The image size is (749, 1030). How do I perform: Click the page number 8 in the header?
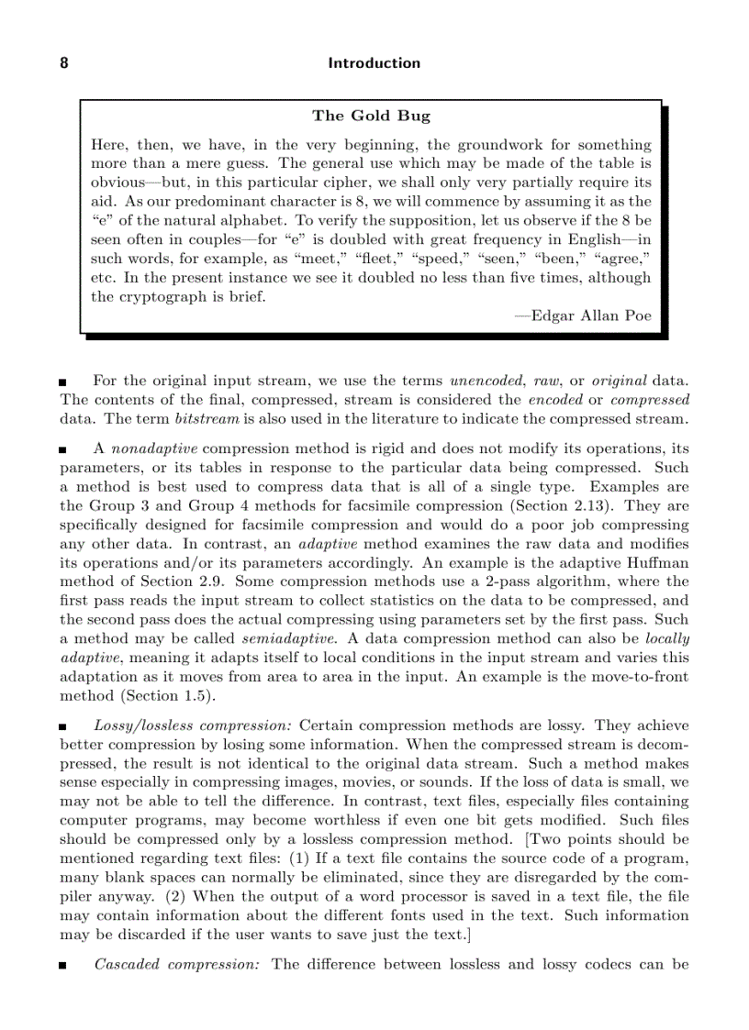pos(64,63)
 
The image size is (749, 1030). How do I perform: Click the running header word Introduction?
pos(374,63)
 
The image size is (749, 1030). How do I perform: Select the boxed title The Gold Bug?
pos(371,116)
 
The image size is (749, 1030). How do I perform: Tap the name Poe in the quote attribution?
pos(636,316)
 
